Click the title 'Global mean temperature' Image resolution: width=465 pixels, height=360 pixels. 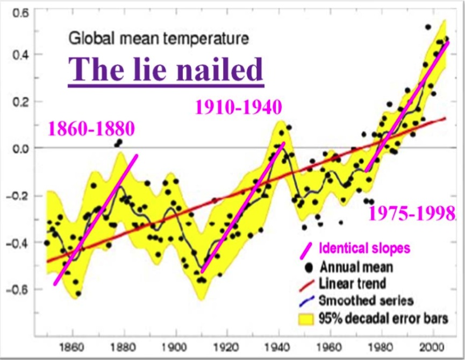(x=159, y=39)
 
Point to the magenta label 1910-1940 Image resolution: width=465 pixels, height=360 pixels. (x=238, y=108)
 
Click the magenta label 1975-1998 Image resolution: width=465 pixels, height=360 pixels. (x=412, y=214)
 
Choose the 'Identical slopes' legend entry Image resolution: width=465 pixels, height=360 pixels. (x=364, y=249)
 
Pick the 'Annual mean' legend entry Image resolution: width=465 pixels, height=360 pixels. (x=356, y=266)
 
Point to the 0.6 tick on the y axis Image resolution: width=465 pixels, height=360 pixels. (x=21, y=13)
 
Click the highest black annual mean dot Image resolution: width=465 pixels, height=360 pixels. (x=428, y=27)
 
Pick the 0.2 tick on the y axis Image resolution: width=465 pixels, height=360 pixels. (x=21, y=102)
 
